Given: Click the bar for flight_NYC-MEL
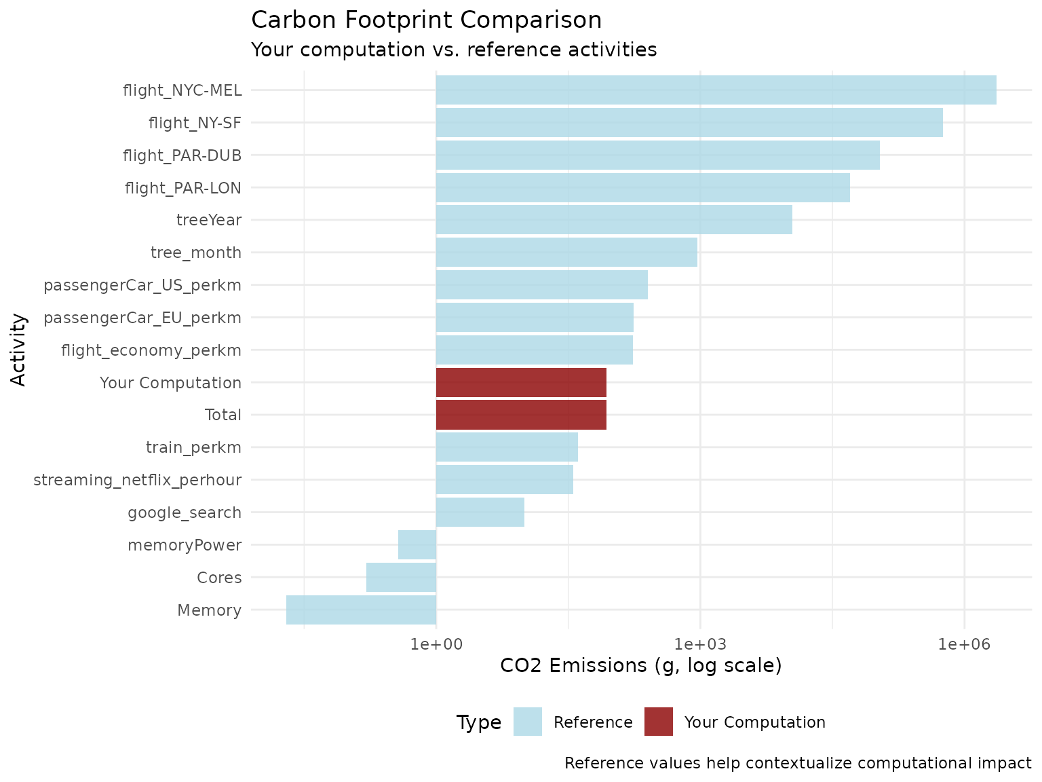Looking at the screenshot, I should [716, 90].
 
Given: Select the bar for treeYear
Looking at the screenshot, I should [614, 220].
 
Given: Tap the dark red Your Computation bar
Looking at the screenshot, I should [521, 382].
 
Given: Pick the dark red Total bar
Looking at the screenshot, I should [521, 415].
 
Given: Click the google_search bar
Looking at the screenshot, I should [480, 513].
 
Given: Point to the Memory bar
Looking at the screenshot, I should [361, 610].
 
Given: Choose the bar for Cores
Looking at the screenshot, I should [401, 578].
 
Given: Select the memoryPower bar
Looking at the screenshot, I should [417, 545].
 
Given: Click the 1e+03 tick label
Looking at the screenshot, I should [700, 643].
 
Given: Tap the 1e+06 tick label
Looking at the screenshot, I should [964, 643].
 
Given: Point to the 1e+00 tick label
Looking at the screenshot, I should [436, 643].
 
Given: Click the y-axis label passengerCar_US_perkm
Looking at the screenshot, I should [142, 285].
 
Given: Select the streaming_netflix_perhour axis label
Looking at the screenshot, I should [138, 480].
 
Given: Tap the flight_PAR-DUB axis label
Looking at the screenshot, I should [182, 155].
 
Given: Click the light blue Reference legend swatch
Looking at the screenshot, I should [528, 722].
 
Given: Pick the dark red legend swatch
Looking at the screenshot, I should [659, 722].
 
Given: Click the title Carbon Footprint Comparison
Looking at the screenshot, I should [426, 20].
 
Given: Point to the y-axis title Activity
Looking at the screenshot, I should [19, 350].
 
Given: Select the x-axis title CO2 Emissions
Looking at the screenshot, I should [640, 665].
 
